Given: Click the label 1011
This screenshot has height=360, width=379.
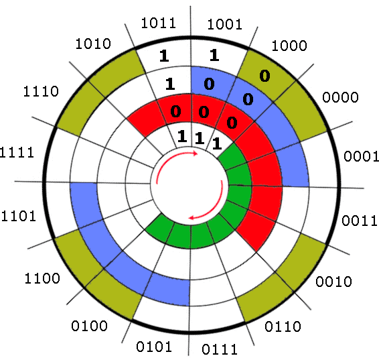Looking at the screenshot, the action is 158,23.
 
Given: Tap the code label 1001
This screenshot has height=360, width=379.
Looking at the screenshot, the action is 224,24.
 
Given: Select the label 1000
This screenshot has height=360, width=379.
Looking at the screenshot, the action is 289,46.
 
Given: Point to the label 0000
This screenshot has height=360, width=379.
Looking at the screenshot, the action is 340,97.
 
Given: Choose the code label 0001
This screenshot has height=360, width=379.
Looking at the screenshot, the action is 361,156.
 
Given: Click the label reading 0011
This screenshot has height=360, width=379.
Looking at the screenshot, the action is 360,221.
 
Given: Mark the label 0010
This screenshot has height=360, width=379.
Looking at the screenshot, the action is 333,282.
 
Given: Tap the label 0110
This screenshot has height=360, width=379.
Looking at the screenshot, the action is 283,326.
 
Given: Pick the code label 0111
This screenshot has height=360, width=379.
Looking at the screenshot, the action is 220,349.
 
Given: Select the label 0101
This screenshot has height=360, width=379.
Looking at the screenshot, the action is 154,347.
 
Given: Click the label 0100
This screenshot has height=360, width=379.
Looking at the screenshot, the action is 89,326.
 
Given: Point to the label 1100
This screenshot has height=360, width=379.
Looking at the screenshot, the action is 42,278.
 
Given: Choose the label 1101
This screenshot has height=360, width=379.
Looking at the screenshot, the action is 18,216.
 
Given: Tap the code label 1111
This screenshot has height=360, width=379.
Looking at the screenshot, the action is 17,153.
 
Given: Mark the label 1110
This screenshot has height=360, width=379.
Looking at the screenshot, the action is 41,92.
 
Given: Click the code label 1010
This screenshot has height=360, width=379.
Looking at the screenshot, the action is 93,44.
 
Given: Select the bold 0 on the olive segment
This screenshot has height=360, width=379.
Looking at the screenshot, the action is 264,76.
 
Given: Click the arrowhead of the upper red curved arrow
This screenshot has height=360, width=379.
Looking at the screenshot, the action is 195,153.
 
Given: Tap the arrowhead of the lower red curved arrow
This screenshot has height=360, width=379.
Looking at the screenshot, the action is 192,218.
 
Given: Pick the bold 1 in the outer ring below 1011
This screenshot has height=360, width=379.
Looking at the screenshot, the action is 164,56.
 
